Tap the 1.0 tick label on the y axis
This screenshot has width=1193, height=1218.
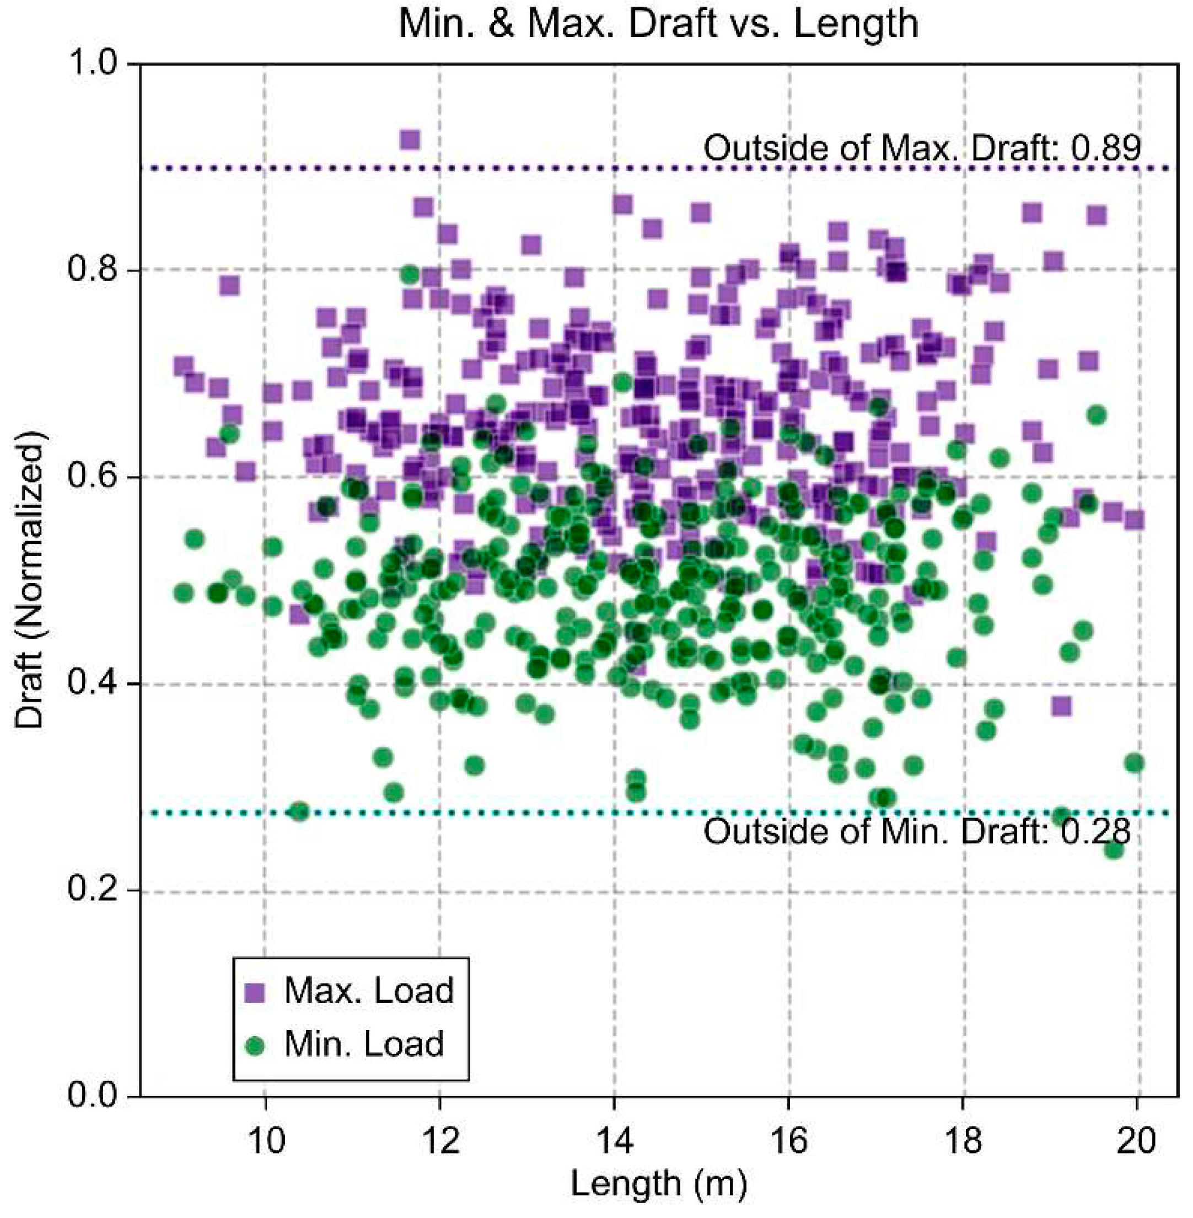coord(94,64)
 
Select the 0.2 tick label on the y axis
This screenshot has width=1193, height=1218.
coord(94,890)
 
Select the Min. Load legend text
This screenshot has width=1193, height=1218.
coord(364,1044)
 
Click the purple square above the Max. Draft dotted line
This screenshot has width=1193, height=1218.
coord(410,139)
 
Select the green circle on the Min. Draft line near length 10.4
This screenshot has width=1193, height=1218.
coord(299,811)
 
